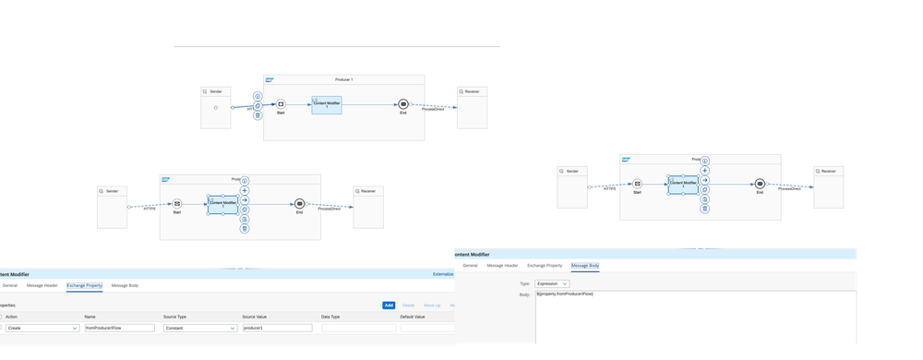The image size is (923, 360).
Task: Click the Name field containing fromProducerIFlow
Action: [119, 328]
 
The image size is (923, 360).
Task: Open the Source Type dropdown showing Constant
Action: [199, 328]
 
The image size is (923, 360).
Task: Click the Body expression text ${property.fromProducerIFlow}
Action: [565, 294]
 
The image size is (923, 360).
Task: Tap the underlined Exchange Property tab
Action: [84, 285]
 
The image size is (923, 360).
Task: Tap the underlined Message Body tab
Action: [585, 265]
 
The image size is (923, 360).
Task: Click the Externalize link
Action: [443, 274]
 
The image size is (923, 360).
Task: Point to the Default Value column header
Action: [413, 317]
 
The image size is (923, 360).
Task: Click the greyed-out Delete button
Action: [408, 305]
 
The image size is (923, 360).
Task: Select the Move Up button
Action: [431, 305]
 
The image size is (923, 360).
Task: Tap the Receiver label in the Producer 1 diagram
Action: [471, 91]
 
